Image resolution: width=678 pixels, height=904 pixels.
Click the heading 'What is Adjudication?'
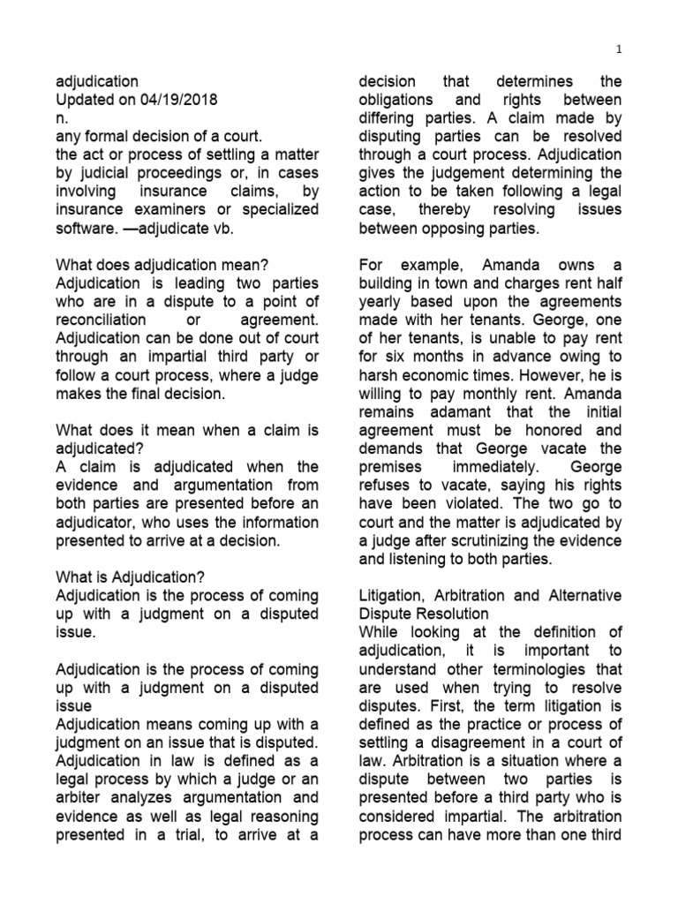[x=131, y=576]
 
